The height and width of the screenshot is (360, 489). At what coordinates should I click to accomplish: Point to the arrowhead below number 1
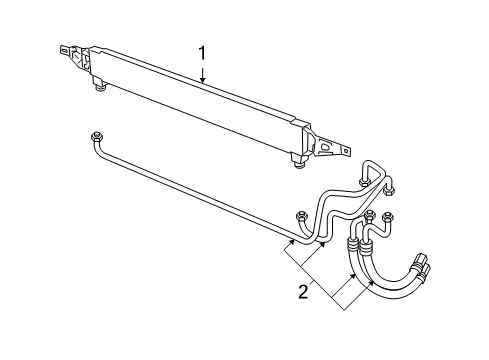click(202, 82)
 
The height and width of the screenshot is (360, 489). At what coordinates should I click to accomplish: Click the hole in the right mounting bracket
click(324, 146)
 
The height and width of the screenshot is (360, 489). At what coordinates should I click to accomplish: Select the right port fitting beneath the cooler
click(297, 156)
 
